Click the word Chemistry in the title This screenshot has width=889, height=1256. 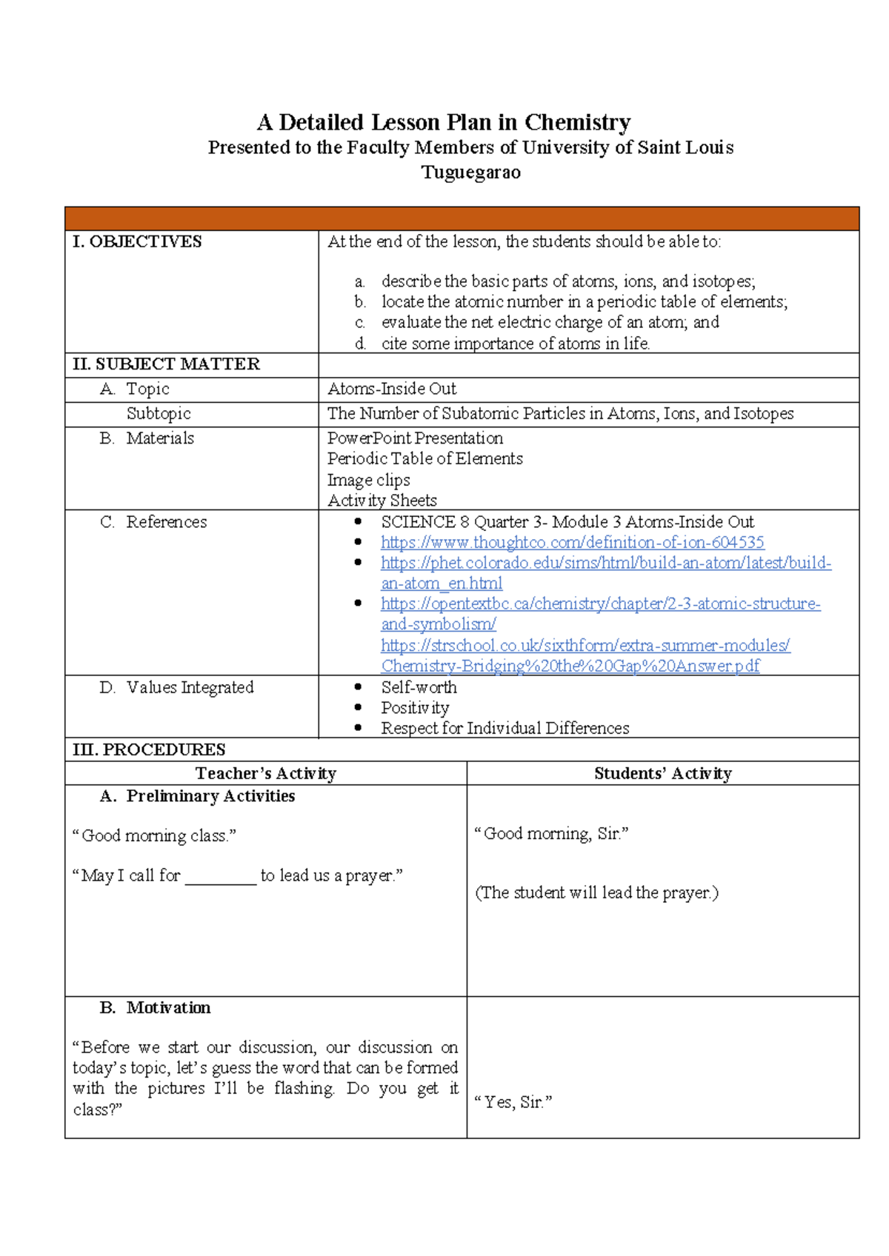577,122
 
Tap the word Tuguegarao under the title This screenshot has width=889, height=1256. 470,173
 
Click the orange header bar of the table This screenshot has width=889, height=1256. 462,219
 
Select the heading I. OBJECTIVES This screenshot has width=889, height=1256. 137,241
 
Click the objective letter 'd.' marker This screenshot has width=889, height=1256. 360,344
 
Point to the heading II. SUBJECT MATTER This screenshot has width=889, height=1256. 166,364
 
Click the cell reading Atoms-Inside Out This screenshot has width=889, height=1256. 392,389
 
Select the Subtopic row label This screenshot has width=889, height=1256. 159,413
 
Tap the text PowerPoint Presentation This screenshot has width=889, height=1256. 415,438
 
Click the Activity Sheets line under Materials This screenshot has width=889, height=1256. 382,501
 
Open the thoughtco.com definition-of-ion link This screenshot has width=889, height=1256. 572,543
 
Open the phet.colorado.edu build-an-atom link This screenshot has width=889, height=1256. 605,563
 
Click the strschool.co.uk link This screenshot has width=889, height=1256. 585,646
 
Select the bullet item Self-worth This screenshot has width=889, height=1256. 419,687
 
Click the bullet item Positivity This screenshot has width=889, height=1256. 415,708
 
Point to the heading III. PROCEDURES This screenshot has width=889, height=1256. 149,749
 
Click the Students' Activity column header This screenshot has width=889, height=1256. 662,774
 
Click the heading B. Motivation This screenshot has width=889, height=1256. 155,1008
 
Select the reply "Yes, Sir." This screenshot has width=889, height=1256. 513,1102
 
